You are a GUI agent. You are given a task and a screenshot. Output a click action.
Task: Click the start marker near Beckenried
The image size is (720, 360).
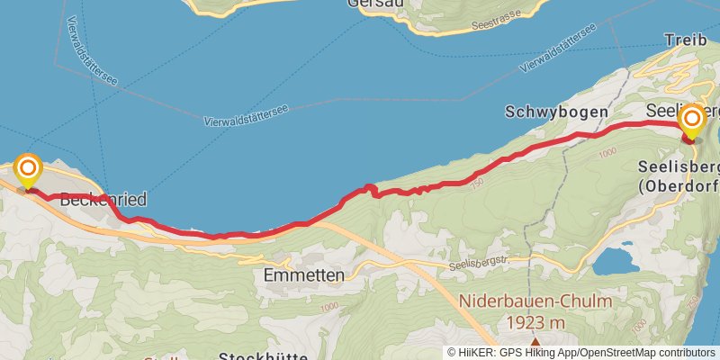(x=29, y=170)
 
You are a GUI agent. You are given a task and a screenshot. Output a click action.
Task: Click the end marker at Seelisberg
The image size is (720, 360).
(x=692, y=121)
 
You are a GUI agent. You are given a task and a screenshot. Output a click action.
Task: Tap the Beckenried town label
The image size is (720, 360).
(x=103, y=200)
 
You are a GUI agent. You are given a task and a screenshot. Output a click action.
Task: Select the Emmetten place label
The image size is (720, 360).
(x=305, y=276)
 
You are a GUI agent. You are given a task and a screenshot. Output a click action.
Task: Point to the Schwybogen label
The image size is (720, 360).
(x=556, y=112)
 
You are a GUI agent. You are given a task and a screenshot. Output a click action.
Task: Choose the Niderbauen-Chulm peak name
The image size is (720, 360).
(x=535, y=302)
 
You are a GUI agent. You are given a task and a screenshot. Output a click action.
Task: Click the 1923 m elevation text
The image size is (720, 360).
(x=535, y=322)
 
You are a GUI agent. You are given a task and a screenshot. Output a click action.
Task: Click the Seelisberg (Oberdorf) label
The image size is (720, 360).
(x=677, y=177)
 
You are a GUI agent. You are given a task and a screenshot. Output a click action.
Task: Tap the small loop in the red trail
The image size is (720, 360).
(x=368, y=189)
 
